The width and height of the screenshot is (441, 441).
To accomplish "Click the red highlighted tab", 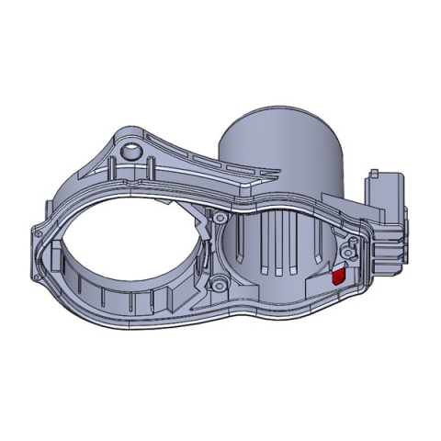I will pyautogui.click(x=337, y=274).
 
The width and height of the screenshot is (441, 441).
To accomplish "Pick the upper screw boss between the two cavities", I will pyautogui.click(x=220, y=217).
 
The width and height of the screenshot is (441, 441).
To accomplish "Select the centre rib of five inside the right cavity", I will pyautogui.click(x=276, y=248).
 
